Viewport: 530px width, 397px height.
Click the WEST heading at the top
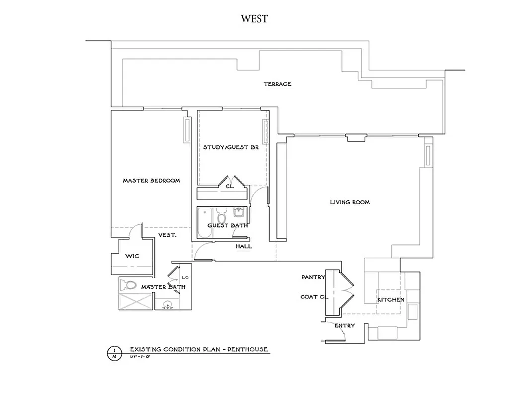[x=254, y=19]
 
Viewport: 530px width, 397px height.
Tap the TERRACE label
[x=277, y=84]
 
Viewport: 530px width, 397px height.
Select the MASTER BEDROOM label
[x=151, y=181]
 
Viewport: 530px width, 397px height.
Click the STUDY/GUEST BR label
[x=230, y=147]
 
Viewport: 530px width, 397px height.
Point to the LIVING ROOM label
[x=350, y=202]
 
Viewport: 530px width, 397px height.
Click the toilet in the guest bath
[x=222, y=216]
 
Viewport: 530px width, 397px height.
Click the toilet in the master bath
[x=129, y=285]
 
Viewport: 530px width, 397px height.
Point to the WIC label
[x=132, y=256]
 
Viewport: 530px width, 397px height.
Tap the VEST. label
[x=167, y=235]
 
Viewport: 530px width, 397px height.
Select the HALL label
[x=244, y=246]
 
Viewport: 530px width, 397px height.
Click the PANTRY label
[x=313, y=277]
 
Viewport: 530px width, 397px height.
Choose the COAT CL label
[x=312, y=297]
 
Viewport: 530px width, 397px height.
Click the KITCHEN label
[x=390, y=300]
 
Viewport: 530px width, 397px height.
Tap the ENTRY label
[x=344, y=326]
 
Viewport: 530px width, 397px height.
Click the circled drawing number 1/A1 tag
[x=114, y=353]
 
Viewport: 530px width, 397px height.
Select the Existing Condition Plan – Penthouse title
[x=199, y=349]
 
